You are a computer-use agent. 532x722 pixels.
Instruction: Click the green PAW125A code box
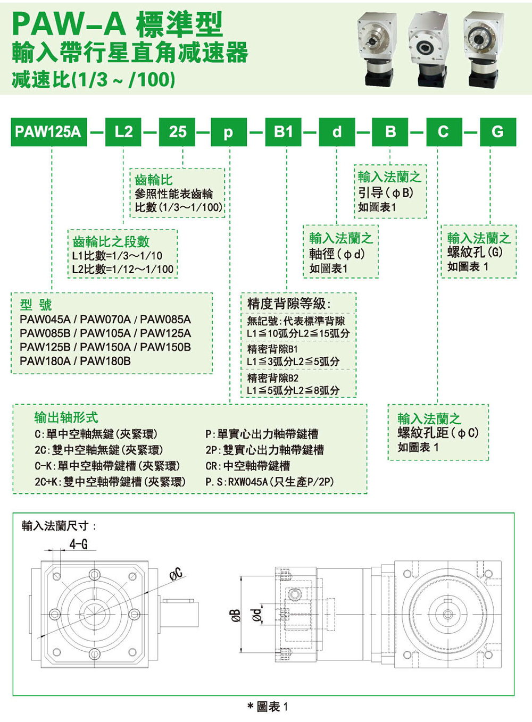point(48,131)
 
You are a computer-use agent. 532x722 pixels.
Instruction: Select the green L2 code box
point(123,131)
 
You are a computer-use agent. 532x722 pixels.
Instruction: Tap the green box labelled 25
point(178,131)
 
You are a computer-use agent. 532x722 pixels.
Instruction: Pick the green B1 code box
point(284,131)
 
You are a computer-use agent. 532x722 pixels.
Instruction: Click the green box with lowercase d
point(337,131)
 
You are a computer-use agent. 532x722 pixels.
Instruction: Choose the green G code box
point(497,131)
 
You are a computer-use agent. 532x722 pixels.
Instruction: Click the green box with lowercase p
point(229,131)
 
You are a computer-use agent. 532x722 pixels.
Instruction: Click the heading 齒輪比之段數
point(111,241)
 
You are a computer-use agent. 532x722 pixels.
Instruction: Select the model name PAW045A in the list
point(45,320)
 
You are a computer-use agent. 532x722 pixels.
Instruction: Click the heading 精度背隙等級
point(289,304)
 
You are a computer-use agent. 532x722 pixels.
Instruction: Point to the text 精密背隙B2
point(273,378)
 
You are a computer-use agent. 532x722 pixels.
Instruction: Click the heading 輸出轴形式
point(66,418)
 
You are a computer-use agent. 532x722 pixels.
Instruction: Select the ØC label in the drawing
point(176,574)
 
